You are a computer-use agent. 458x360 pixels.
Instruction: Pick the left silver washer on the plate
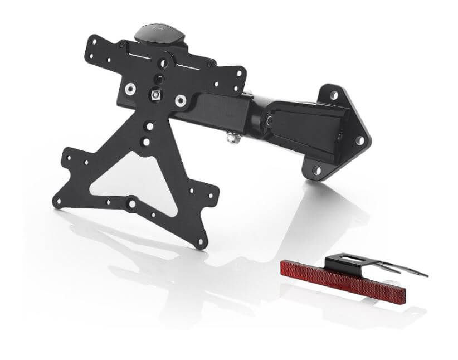click(x=129, y=87)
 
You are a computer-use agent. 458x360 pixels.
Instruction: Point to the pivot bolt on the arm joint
click(x=270, y=119)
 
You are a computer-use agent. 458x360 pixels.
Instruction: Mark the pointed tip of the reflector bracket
click(x=423, y=274)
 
